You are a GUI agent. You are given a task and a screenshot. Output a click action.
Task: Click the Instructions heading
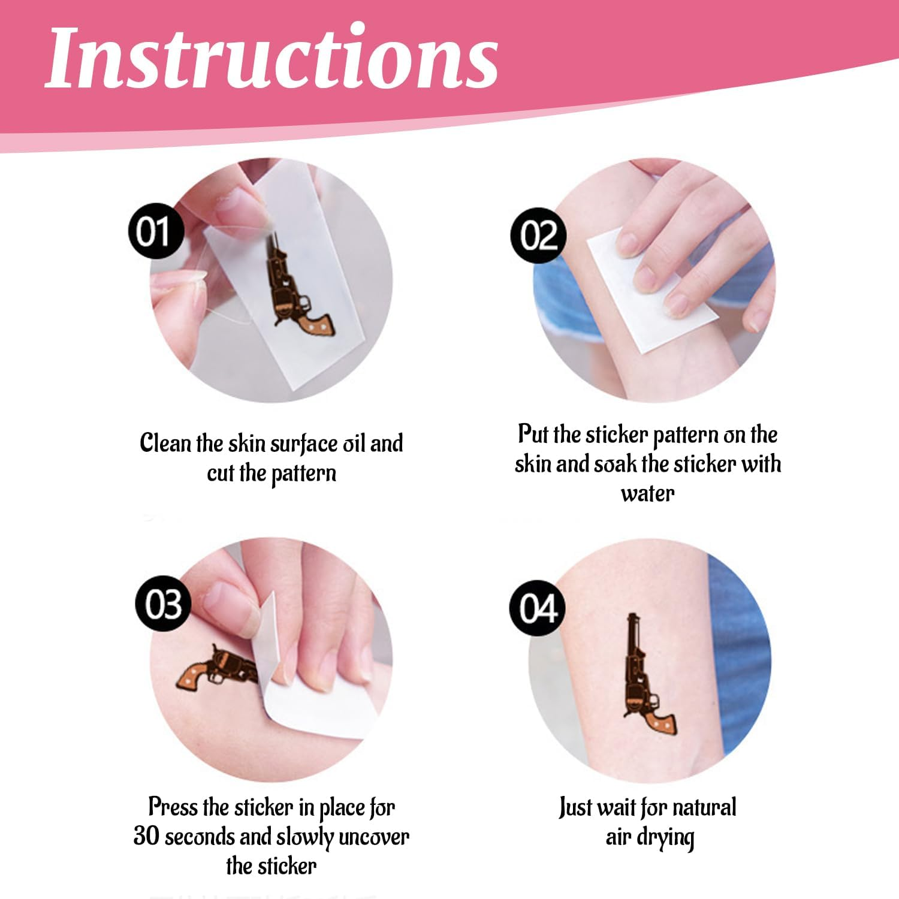[x=271, y=58]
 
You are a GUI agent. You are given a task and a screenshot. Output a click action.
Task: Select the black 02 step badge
[x=537, y=236]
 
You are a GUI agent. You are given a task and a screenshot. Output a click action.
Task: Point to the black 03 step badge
[x=163, y=604]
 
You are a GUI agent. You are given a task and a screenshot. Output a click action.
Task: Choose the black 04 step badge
[x=538, y=608]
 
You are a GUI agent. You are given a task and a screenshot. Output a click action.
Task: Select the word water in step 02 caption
[x=647, y=494]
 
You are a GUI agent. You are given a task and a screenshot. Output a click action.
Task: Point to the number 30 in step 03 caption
[x=147, y=836]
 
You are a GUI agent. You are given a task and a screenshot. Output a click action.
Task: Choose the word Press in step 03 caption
[x=173, y=807]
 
